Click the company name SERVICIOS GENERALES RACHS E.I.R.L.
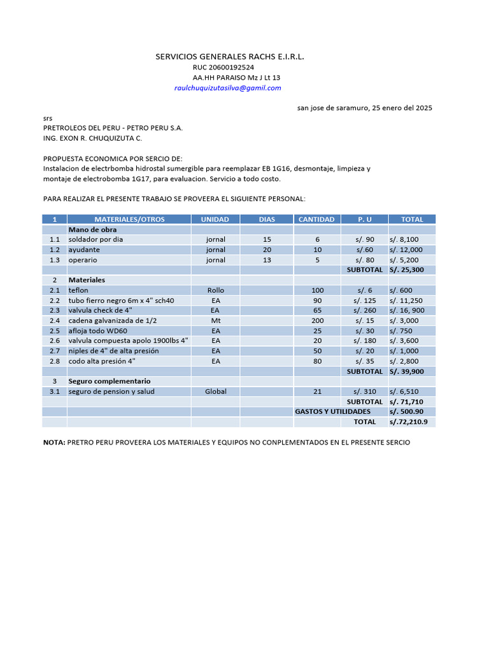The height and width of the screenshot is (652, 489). pos(230,57)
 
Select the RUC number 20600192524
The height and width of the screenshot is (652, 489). pos(223,67)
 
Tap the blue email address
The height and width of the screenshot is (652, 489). pos(227,88)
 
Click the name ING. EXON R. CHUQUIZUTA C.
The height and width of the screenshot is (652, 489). pos(92,138)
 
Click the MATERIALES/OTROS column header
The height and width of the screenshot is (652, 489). pos(129,219)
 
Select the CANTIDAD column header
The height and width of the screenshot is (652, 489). pos(316,219)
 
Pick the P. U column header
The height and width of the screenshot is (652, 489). pos(364,219)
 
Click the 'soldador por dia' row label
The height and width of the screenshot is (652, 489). pos(96,239)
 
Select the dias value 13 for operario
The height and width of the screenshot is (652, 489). pos(267,260)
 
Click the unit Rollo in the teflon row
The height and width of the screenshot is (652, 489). pos(215,290)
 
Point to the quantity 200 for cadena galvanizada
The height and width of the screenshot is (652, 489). pos(317,320)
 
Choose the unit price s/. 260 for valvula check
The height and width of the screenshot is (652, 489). pos(365,310)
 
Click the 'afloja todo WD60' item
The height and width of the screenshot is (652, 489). pos(97,330)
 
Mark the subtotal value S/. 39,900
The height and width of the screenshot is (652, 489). pos(407,371)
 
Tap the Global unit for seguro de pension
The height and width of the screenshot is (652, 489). pos(215,392)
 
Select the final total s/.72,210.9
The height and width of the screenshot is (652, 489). pos(408,422)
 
